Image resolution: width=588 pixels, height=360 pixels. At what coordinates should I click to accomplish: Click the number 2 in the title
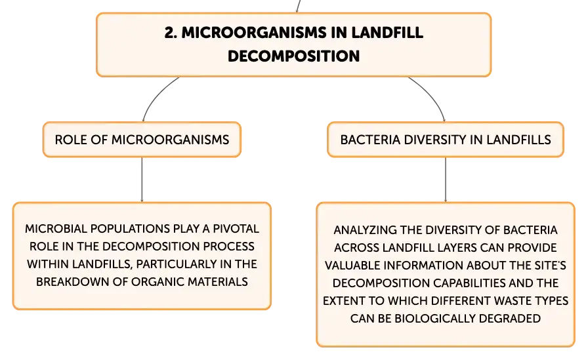pos(170,33)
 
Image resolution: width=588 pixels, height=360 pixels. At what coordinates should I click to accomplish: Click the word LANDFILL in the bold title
pos(387,33)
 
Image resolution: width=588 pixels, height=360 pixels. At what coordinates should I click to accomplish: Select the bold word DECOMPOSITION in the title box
pos(293,56)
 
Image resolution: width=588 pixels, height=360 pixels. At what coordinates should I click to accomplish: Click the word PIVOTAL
pos(236,228)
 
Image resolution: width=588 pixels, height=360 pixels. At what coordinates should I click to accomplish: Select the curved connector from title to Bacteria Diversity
pos(431,95)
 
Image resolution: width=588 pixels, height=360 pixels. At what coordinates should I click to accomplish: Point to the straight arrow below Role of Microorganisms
pos(142,180)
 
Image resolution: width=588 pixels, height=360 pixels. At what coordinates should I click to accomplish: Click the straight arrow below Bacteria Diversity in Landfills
pos(446,180)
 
